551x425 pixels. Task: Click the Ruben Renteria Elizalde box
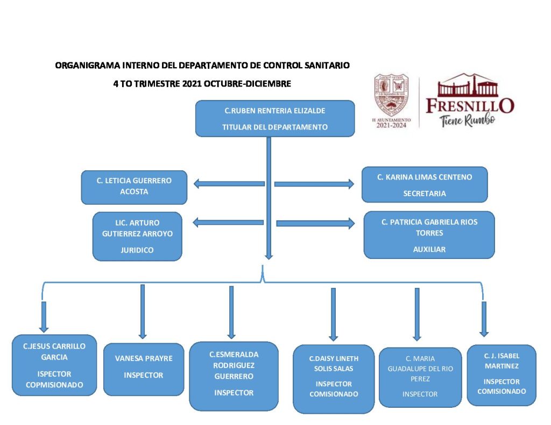pos(274,118)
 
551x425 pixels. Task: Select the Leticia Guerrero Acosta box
pos(134,187)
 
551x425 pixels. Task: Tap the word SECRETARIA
pos(424,193)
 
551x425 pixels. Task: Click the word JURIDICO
pos(137,250)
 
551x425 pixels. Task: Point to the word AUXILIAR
pos(429,249)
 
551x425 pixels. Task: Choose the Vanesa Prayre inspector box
pos(143,369)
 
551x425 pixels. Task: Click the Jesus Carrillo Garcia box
pos(54,365)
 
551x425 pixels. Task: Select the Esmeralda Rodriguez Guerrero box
pos(234,376)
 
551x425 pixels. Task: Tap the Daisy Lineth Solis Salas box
pos(333,379)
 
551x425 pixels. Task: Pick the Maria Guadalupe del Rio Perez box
pos(420,377)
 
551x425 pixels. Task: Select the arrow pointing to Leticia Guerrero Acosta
pos(229,184)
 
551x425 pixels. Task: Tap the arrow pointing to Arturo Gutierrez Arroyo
pos(229,222)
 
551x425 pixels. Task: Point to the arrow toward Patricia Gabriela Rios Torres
pos(315,223)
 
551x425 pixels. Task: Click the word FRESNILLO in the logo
pos(470,105)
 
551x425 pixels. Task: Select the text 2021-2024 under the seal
pos(391,125)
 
